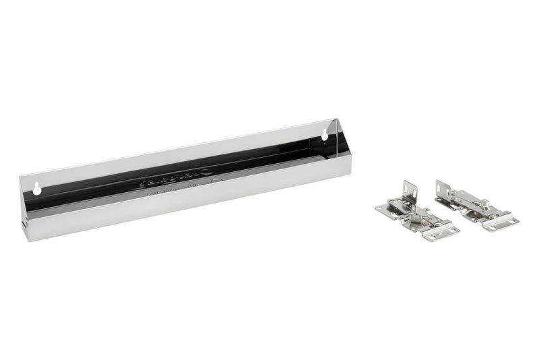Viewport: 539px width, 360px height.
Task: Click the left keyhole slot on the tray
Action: tap(37, 189)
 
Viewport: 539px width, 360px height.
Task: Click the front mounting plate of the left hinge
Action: tap(441, 231)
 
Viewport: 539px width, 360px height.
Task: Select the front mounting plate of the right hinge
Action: tap(501, 222)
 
